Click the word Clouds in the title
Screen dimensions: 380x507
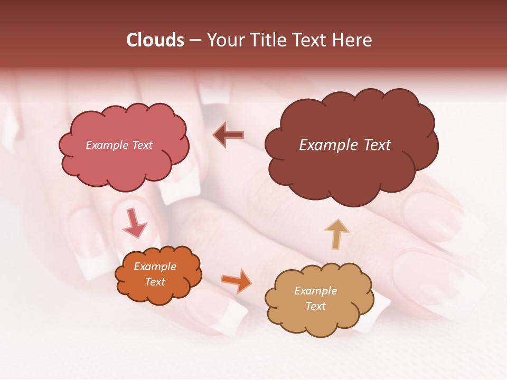pos(155,40)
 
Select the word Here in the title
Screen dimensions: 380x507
pos(354,40)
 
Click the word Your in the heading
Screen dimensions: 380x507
pos(226,40)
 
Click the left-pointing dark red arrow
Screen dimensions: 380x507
pos(229,135)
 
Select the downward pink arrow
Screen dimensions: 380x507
pos(134,223)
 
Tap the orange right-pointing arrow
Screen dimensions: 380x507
pos(237,280)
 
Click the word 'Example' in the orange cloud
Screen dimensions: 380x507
pos(155,267)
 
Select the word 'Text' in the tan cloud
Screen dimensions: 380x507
pos(315,306)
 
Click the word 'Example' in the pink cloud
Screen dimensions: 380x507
pos(107,145)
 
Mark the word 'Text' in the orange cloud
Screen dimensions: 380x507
pos(155,282)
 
